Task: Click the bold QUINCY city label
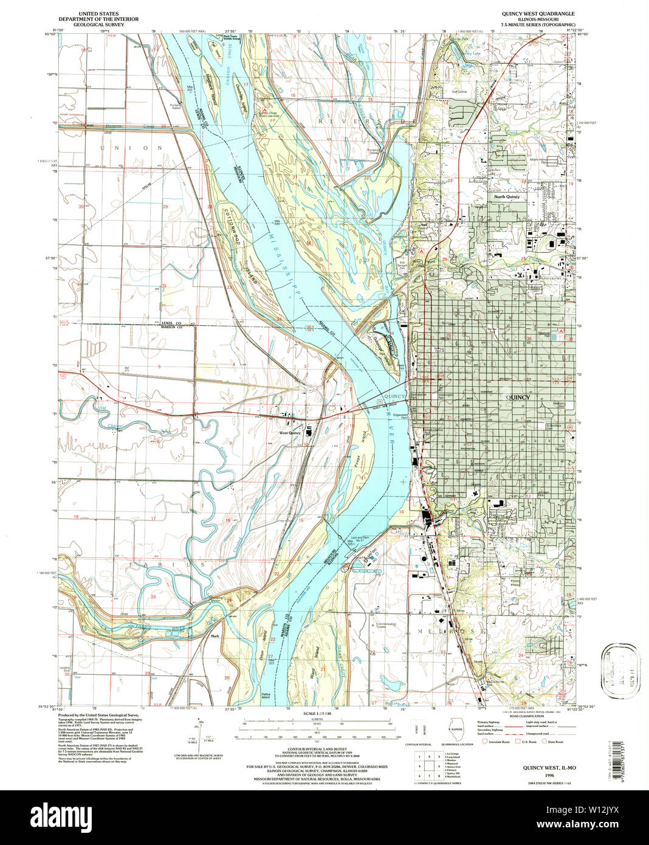point(518,398)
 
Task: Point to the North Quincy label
point(506,197)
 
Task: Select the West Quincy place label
point(290,433)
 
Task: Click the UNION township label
point(132,148)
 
